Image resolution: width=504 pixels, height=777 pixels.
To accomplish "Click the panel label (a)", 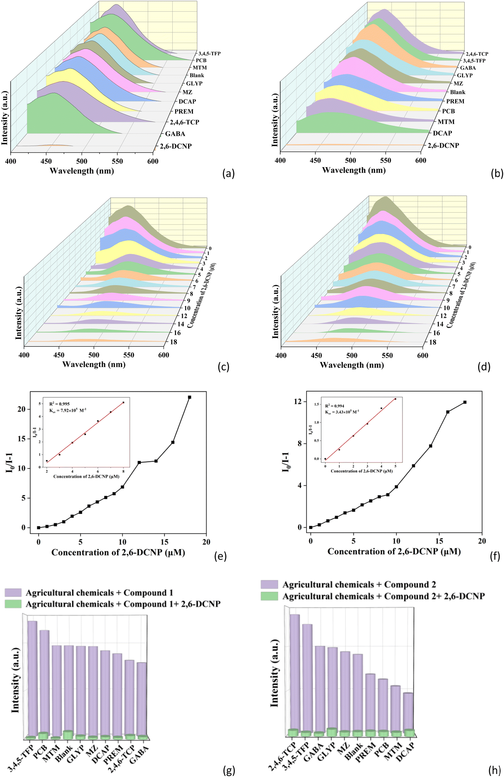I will point(228,174).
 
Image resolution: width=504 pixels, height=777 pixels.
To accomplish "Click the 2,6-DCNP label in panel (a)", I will point(176,146).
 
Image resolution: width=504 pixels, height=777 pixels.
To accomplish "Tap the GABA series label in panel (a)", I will point(175,134).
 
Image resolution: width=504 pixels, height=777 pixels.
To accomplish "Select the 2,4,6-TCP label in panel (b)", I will point(477,54).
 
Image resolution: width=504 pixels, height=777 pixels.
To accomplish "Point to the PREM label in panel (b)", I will point(455,101).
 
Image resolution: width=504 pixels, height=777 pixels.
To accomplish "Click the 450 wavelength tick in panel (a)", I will point(46,161).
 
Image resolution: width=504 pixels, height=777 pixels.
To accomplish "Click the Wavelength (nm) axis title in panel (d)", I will point(352,365).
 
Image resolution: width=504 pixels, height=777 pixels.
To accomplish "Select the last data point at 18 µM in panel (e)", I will point(190,397).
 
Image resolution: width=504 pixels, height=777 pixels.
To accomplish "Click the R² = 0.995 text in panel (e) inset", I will point(59,404).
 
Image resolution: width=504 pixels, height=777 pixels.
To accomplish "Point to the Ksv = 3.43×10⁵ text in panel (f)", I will point(342,412).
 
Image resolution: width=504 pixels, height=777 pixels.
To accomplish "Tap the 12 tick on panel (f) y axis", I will point(298,402).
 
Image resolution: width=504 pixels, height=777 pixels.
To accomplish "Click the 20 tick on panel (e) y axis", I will point(22,409).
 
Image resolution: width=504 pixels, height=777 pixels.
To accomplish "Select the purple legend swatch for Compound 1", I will point(13,593).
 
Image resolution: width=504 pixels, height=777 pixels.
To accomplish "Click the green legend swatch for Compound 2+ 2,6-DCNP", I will point(269,596).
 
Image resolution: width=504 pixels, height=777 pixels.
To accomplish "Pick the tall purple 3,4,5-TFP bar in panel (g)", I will point(32,678).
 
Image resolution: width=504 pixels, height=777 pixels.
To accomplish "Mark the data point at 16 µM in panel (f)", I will point(448,412).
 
